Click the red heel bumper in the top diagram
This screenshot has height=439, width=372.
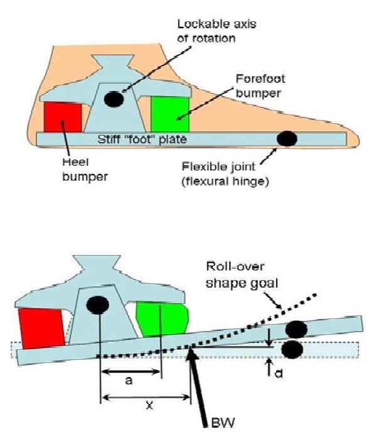tap(63, 117)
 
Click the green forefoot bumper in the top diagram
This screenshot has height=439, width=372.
tap(170, 114)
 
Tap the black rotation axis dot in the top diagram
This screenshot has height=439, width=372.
tap(114, 99)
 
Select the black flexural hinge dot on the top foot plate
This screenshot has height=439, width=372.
tap(287, 139)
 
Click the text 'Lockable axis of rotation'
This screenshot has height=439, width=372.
tap(217, 31)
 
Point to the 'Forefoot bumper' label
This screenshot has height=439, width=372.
tap(260, 85)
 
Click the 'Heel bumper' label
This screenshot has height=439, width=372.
tap(85, 169)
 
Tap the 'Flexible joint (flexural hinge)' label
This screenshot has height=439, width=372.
tap(225, 174)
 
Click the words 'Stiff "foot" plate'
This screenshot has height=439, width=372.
tap(142, 139)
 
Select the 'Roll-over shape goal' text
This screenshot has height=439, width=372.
tap(242, 274)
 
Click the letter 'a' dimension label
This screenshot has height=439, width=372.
tap(129, 381)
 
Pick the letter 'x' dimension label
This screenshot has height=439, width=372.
tap(150, 405)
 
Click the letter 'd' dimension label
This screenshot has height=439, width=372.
tap(279, 373)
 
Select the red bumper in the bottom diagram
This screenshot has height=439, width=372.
tap(41, 328)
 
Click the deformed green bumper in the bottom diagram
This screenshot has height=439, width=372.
tap(162, 318)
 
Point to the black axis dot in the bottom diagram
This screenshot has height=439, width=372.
tap(98, 305)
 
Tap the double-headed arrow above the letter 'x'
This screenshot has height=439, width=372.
tap(146, 397)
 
